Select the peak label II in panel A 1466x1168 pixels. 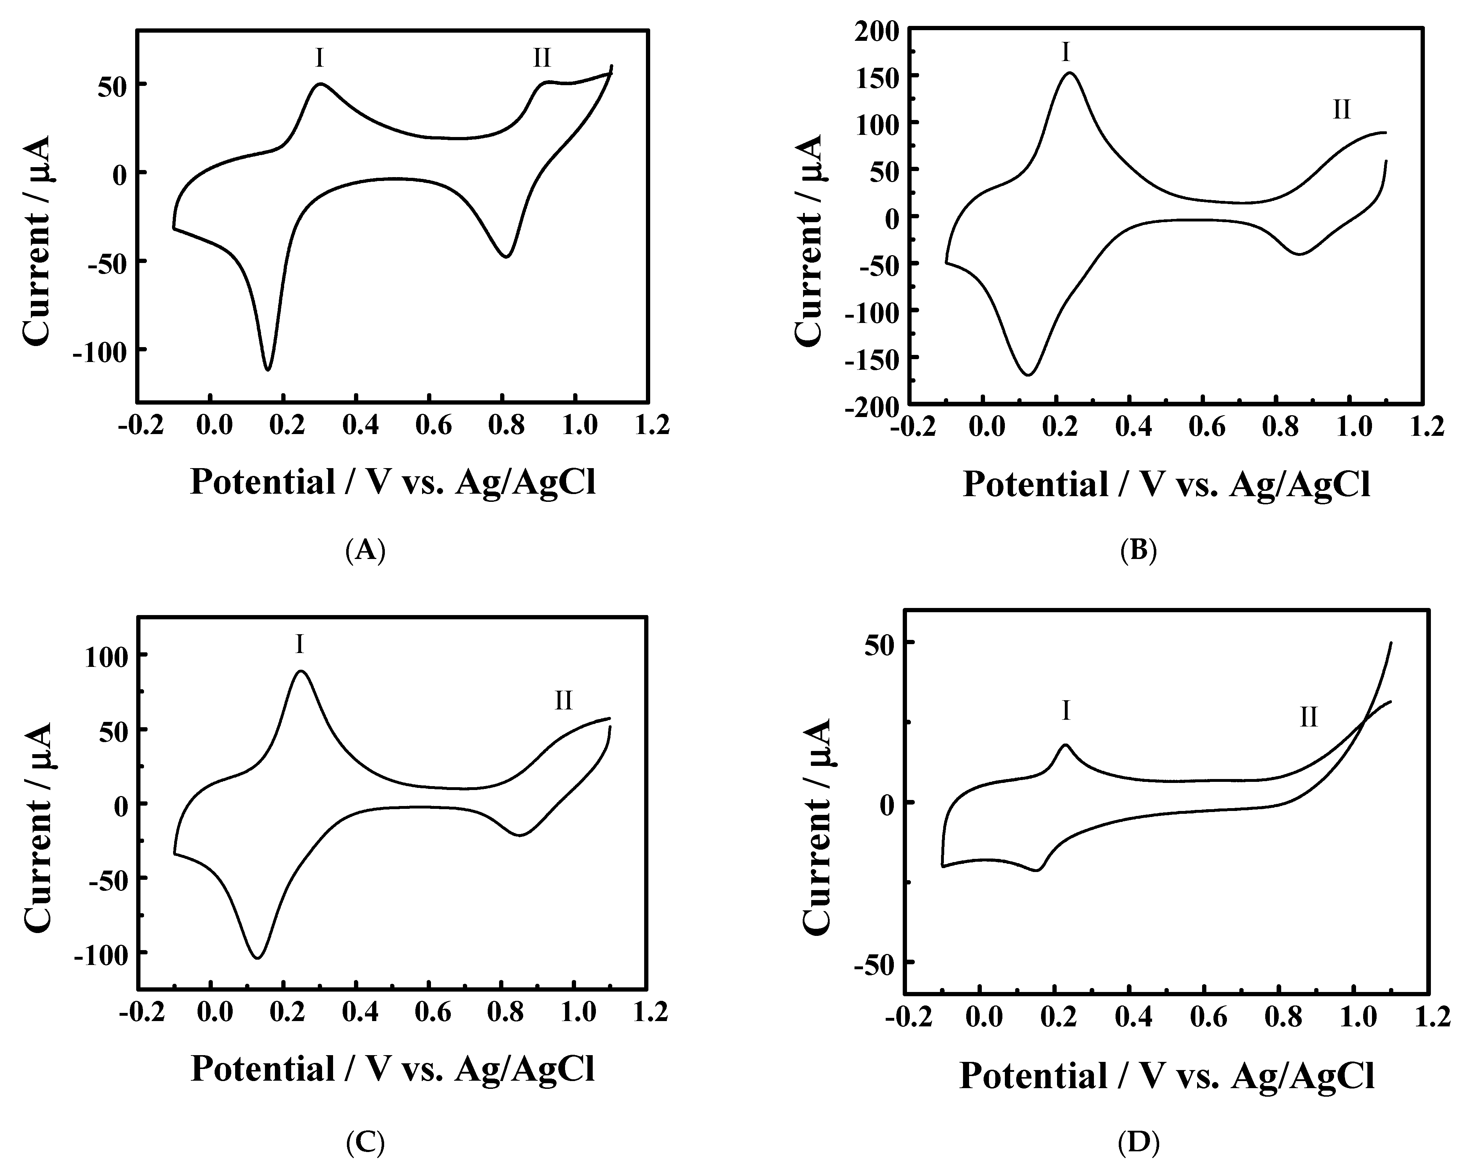pyautogui.click(x=542, y=59)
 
